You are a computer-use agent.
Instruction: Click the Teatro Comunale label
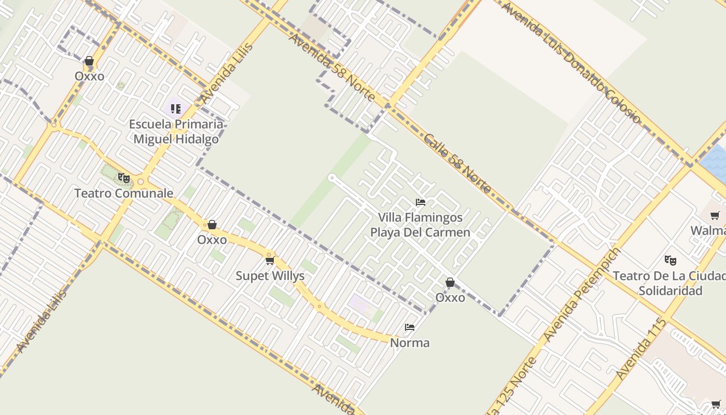[x=123, y=193]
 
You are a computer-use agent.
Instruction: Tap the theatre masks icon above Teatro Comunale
[x=123, y=178]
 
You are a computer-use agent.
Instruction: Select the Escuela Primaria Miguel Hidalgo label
[x=176, y=132]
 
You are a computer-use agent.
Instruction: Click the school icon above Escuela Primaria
[x=176, y=109]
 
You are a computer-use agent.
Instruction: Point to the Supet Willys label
[x=270, y=276]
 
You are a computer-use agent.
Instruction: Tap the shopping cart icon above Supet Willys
[x=270, y=260]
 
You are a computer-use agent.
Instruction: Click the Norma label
[x=410, y=343]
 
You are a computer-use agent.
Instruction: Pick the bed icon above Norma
[x=410, y=327]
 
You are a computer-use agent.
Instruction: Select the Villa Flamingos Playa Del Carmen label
[x=420, y=225]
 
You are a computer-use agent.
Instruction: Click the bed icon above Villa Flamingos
[x=421, y=202]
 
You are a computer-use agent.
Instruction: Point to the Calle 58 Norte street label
[x=457, y=163]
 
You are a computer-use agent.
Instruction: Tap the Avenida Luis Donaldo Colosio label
[x=571, y=62]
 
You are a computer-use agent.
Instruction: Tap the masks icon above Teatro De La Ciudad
[x=671, y=260]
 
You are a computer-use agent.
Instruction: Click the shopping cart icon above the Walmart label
[x=715, y=215]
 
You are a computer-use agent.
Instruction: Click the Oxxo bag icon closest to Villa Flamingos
[x=450, y=282]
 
